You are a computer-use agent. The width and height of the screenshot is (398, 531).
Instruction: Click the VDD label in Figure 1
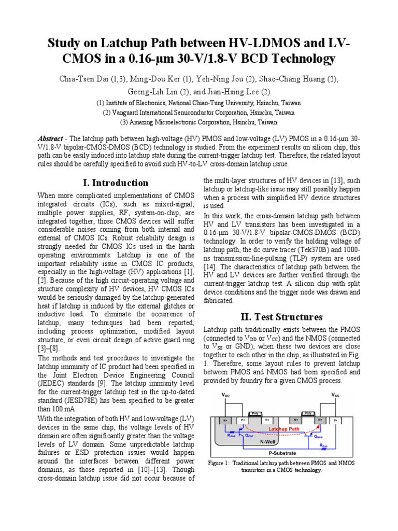point(225,395)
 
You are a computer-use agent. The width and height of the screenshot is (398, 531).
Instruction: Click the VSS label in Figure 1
point(336,395)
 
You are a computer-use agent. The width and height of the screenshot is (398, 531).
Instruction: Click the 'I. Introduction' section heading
point(116,183)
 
